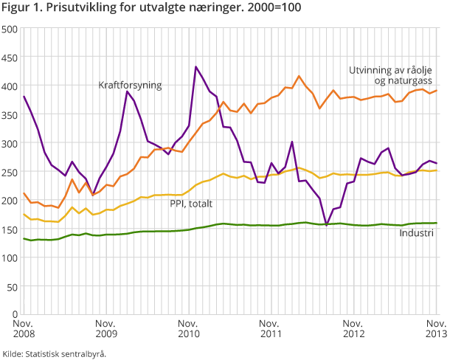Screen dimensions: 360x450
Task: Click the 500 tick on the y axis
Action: [10, 29]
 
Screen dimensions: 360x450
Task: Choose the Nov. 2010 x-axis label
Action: [189, 329]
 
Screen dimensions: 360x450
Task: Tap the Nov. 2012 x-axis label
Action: [355, 329]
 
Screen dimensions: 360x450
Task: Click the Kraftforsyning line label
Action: [130, 85]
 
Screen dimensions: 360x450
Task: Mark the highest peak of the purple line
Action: [196, 67]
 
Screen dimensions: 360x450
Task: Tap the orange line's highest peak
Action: [299, 76]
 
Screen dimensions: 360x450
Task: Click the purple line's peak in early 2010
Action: [127, 91]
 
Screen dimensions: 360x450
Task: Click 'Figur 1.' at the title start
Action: [23, 8]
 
